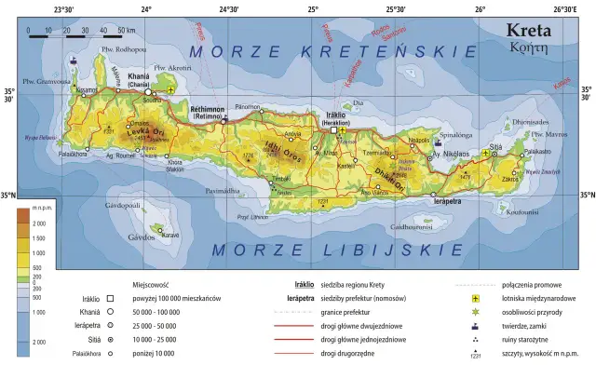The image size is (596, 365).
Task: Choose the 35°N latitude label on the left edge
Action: tap(8, 195)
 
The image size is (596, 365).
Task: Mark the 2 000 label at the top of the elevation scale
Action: tap(39, 224)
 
